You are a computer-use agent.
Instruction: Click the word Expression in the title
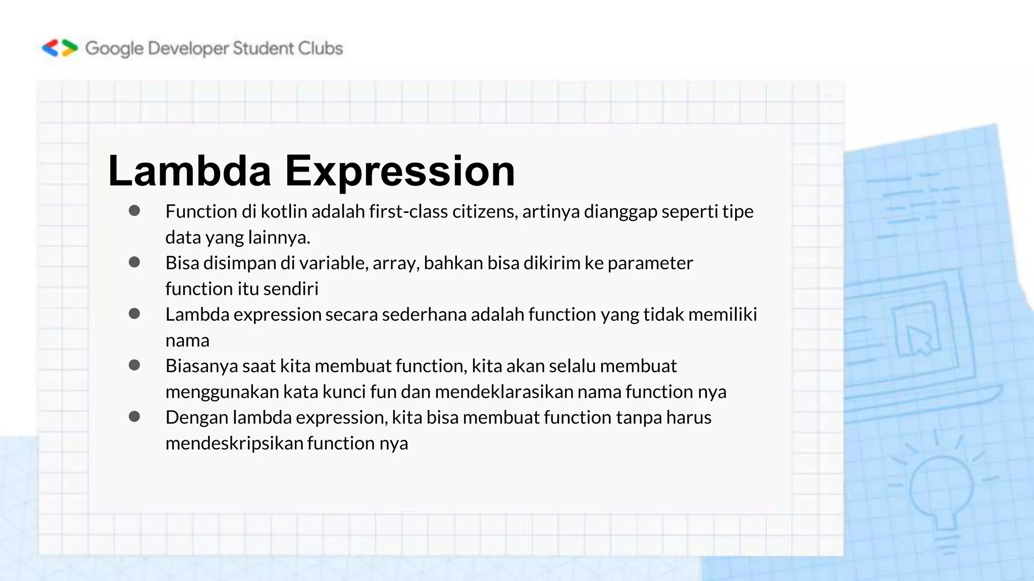pos(399,171)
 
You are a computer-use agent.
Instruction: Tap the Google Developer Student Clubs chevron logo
pos(60,48)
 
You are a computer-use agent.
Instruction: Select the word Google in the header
pos(114,49)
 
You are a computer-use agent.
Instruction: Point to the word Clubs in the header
pos(320,48)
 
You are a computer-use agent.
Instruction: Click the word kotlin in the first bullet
pos(284,211)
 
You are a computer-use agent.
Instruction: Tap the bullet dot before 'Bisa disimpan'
pos(134,262)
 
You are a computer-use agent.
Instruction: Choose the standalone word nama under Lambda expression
pos(187,340)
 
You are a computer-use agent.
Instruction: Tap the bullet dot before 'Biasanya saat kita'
pos(134,365)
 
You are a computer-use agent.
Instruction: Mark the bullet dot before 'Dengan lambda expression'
pos(134,417)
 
